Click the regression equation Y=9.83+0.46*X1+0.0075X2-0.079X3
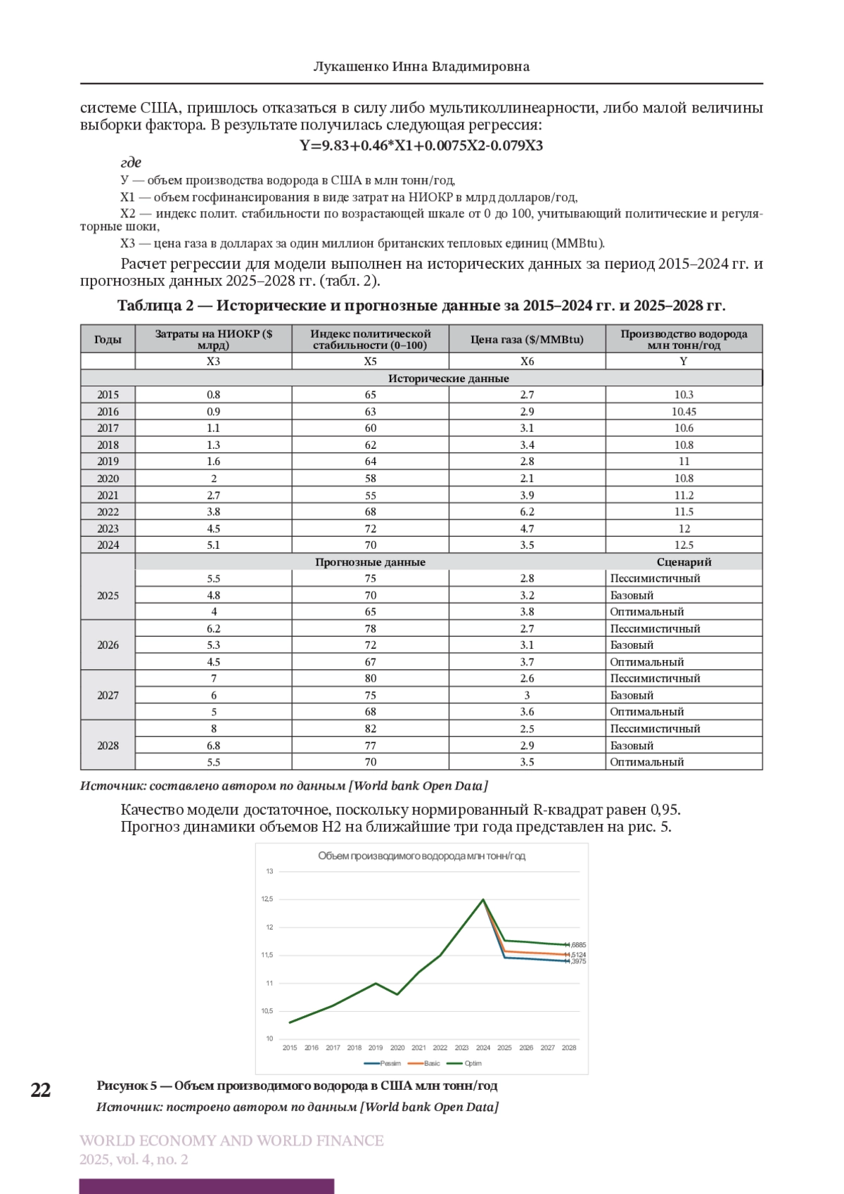tap(421, 146)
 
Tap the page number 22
tap(41, 1090)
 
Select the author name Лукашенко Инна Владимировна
tap(421, 67)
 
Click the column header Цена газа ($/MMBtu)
tap(527, 339)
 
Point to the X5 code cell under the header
tap(370, 361)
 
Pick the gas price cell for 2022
tap(527, 512)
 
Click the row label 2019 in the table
tap(108, 462)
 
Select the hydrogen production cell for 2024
tap(684, 545)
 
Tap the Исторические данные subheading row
tap(448, 379)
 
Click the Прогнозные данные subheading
tap(370, 562)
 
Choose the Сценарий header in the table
tap(684, 562)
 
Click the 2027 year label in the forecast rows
tap(108, 695)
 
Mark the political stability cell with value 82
tap(370, 729)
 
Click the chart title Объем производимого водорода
tap(421, 856)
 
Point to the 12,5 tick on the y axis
tap(267, 899)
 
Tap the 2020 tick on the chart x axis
tap(397, 1048)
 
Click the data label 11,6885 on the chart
tap(576, 945)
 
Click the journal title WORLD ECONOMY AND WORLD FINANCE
tap(231, 1141)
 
